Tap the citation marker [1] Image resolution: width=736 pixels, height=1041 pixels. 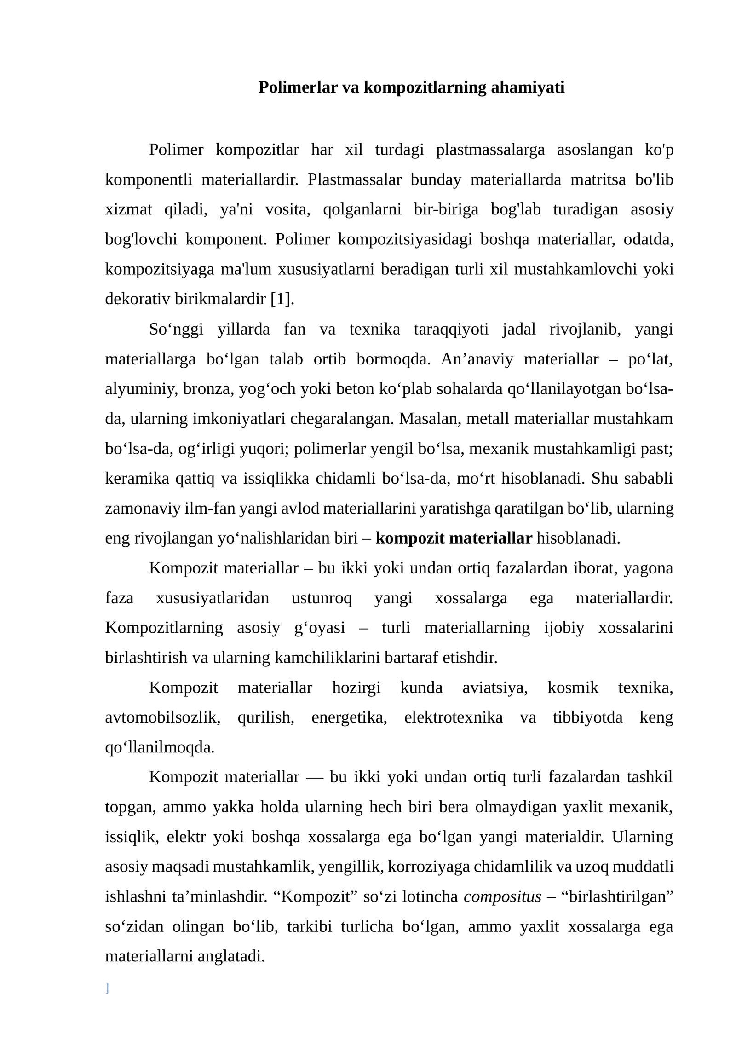tap(282, 299)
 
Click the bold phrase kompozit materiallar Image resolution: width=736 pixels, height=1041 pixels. tap(454, 538)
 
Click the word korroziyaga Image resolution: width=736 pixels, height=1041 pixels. tap(429, 867)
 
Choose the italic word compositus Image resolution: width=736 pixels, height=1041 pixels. tap(502, 896)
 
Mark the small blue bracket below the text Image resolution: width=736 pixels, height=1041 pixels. tap(107, 988)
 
